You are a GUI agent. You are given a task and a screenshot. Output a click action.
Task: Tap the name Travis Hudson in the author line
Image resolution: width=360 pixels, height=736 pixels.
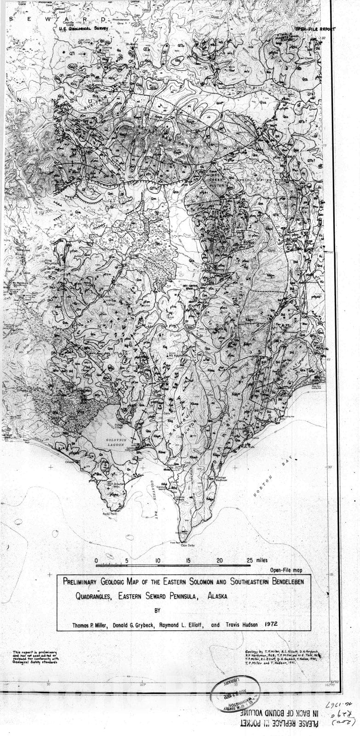[240, 625]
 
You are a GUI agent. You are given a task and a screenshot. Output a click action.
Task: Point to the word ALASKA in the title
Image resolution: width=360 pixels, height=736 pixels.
[217, 595]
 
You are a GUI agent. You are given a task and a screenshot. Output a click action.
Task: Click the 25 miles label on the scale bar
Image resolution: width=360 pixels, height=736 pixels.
[257, 560]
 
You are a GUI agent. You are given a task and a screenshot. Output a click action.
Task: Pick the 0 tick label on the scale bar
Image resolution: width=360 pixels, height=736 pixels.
[96, 561]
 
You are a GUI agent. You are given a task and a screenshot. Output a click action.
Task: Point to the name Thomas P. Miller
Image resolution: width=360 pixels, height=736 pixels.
[90, 625]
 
